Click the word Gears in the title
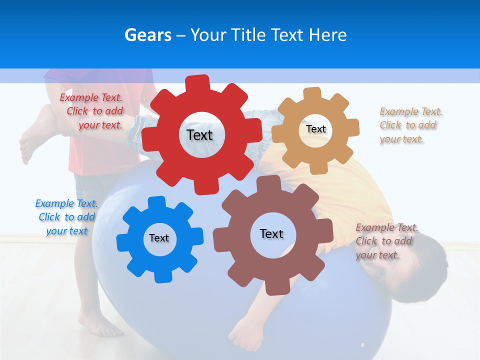pos(147,35)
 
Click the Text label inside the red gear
pos(199,135)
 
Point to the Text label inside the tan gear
pos(315,129)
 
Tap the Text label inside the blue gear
pos(159,238)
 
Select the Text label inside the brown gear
pos(271,233)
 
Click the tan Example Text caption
pos(410,125)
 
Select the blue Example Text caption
pos(66,217)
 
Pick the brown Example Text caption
pos(386,241)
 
